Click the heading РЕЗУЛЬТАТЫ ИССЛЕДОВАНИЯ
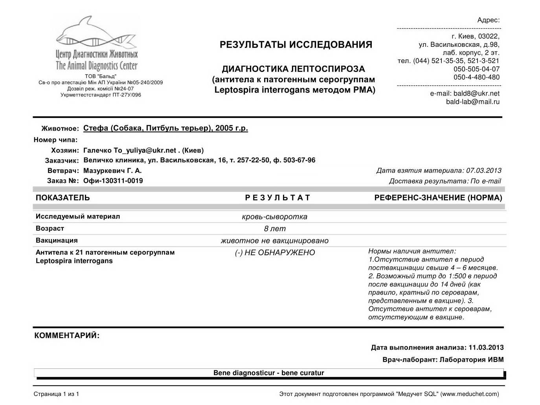tap(296, 45)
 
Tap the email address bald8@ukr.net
tap(476, 94)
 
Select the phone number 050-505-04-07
tap(476, 69)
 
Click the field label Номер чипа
tap(55, 140)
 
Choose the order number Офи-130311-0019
tap(113, 181)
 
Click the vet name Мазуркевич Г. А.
tap(112, 171)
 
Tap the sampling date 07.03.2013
tap(483, 171)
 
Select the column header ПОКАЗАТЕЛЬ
tap(63, 198)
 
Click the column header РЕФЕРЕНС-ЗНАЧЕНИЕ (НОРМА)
tap(438, 198)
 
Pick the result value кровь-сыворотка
tap(275, 217)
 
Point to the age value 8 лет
tap(275, 229)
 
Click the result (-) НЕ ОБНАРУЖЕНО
tap(275, 253)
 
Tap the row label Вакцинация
tap(57, 240)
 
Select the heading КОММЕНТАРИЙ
tap(67, 336)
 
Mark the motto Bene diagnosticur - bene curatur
tap(269, 373)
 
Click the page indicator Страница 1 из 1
tap(56, 394)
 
